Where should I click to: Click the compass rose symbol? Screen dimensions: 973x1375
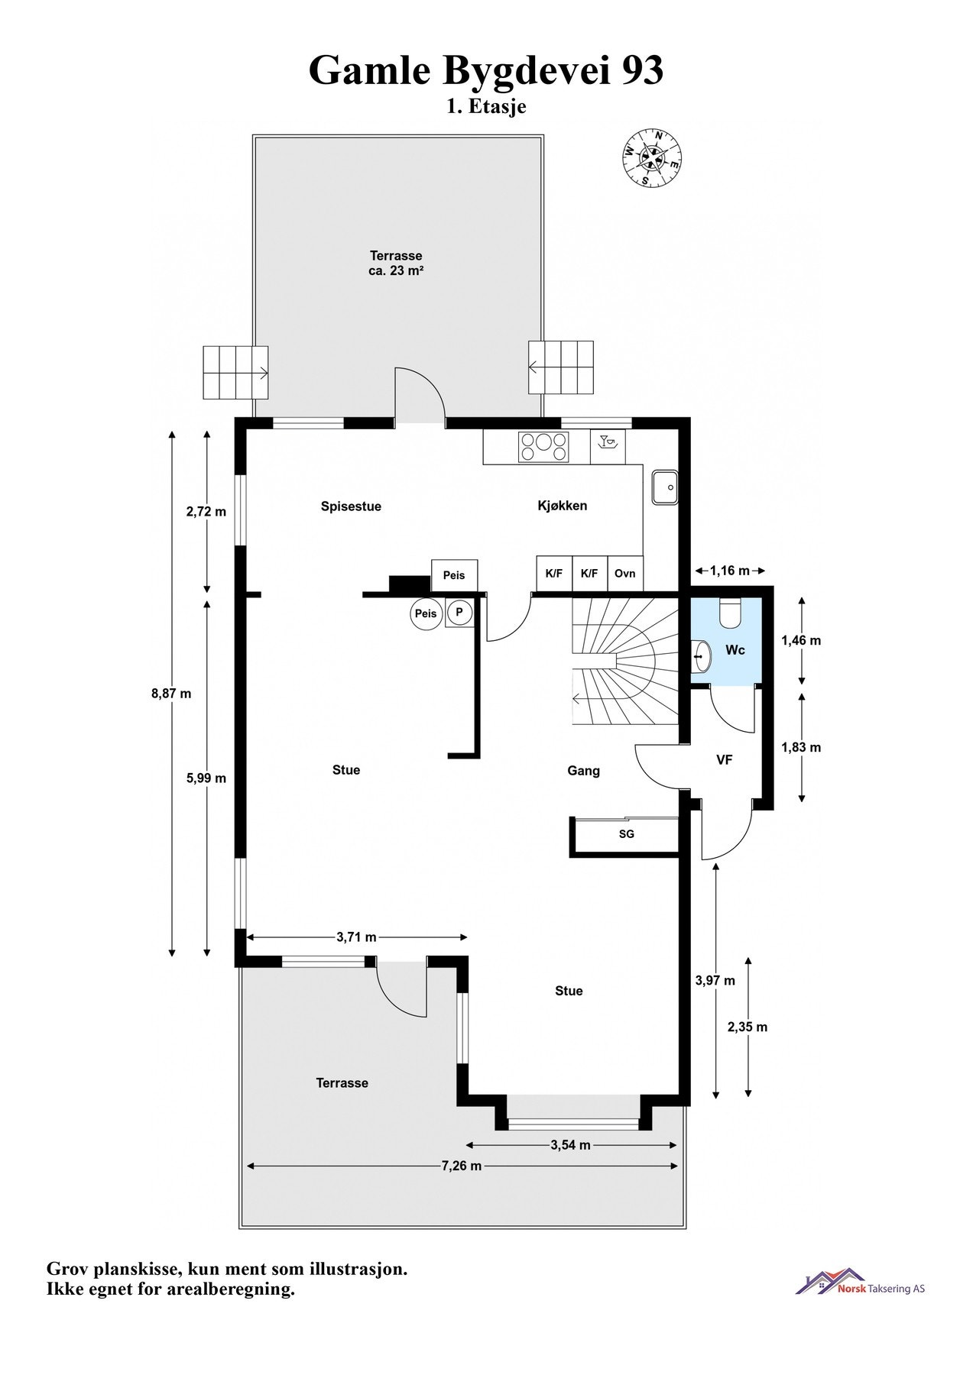point(650,158)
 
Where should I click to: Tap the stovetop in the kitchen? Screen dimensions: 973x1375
point(543,447)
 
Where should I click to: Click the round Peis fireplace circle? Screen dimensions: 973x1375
point(426,613)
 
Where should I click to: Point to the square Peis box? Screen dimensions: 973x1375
point(454,575)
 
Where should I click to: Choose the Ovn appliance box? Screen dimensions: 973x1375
point(624,573)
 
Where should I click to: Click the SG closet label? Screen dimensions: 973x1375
point(626,834)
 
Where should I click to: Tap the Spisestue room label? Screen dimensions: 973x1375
point(351,506)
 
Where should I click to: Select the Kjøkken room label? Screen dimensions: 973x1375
point(562,506)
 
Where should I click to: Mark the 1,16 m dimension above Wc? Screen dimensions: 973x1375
point(729,570)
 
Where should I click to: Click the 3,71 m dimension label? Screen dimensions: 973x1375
point(356,937)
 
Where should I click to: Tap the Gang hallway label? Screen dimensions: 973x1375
point(583,772)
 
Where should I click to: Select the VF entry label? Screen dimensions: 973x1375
point(724,760)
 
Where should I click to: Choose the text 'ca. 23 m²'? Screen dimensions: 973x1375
point(396,270)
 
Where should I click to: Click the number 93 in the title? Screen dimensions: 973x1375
point(643,70)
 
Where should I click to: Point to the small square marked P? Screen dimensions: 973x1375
point(459,613)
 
